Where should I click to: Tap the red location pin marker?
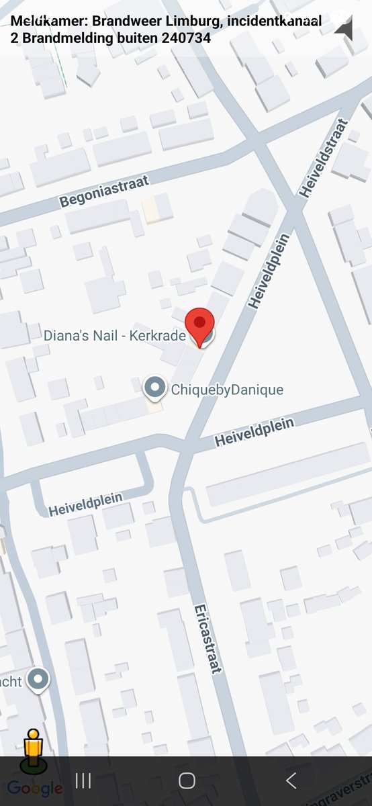pyautogui.click(x=199, y=324)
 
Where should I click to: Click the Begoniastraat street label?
pyautogui.click(x=104, y=191)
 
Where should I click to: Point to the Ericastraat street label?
pyautogui.click(x=207, y=639)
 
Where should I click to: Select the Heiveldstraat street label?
pyautogui.click(x=324, y=158)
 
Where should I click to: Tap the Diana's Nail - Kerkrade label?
pyautogui.click(x=114, y=335)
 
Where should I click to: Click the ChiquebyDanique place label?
pyautogui.click(x=227, y=390)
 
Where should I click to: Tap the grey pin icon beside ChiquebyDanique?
pyautogui.click(x=156, y=387)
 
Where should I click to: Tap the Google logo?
pyautogui.click(x=35, y=788)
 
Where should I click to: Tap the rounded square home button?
pyautogui.click(x=187, y=780)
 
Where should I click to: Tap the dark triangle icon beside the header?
pyautogui.click(x=344, y=28)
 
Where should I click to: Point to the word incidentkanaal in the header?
pyautogui.click(x=274, y=21)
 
